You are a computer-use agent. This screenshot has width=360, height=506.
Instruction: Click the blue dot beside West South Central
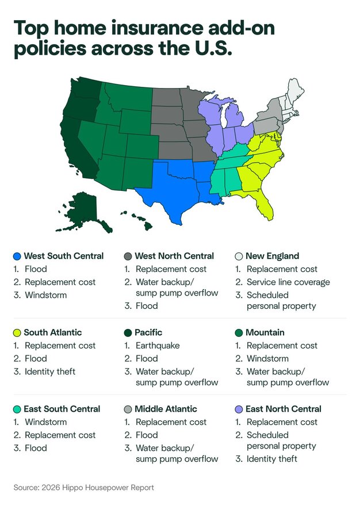[x=17, y=256]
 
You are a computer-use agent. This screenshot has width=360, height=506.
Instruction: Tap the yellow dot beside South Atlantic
[x=17, y=332]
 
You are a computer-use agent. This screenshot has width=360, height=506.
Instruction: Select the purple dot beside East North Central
[x=239, y=409]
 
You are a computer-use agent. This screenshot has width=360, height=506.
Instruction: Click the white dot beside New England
[x=239, y=256]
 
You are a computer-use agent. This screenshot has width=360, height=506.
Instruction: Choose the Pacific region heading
[x=148, y=332]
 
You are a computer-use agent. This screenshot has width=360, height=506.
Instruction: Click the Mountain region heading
[x=265, y=332]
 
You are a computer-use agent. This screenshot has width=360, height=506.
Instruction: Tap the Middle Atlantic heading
[x=166, y=409]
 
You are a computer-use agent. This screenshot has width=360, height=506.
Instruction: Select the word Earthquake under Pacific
[x=158, y=346]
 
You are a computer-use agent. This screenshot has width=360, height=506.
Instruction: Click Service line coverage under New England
[x=288, y=282]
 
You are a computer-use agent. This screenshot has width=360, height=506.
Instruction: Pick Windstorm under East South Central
[x=45, y=422]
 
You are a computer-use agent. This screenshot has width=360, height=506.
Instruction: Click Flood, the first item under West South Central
[x=35, y=269]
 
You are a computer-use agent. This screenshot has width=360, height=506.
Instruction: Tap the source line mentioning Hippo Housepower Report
[x=84, y=488]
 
